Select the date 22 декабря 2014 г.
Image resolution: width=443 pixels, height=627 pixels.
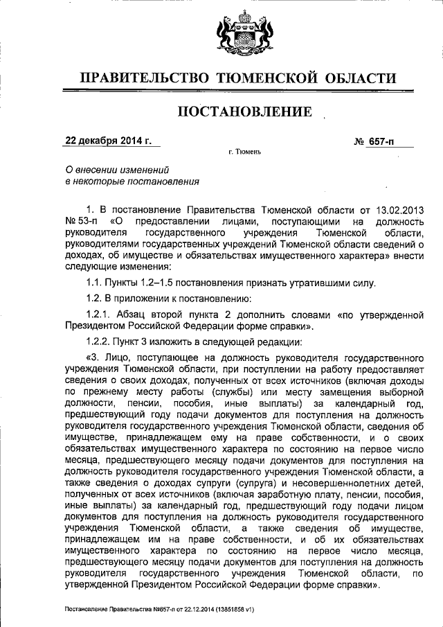click(108, 141)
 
